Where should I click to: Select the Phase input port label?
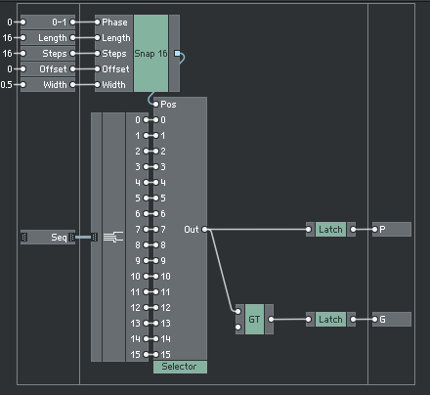pos(114,22)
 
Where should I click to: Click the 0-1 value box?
pos(59,22)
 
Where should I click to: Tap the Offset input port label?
pos(114,68)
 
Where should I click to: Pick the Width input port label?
pos(114,84)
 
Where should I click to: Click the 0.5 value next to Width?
pos(8,84)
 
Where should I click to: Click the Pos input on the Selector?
pos(167,104)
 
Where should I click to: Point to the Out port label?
pos(192,229)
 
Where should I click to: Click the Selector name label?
pos(179,367)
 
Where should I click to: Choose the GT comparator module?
pos(254,319)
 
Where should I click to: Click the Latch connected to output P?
pos(329,229)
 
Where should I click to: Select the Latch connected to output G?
pos(329,319)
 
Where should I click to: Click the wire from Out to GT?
pos(222,274)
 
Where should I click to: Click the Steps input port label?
pos(114,53)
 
